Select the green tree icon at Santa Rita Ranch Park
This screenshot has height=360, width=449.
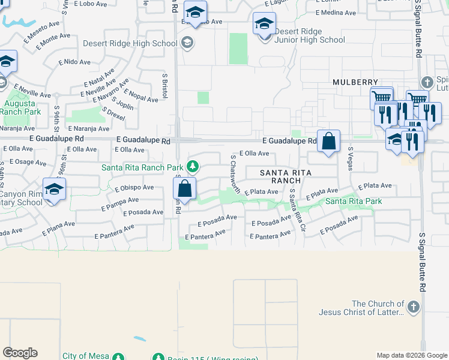pos(193,166)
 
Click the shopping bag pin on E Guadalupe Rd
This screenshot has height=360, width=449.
pos(328,142)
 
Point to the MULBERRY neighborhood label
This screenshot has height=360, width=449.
pos(356,82)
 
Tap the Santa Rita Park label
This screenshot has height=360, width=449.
pos(354,201)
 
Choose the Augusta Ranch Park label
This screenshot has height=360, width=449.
pos(20,107)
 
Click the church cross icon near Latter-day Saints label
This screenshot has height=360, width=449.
pos(412,308)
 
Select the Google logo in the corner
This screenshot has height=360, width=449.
pos(20,353)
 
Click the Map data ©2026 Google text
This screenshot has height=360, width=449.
pos(411,355)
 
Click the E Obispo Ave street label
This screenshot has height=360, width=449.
pos(134,187)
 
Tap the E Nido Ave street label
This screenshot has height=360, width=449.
pos(74,62)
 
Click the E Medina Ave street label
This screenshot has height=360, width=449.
pos(336,12)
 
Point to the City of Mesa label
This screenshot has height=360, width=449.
pos(86,356)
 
